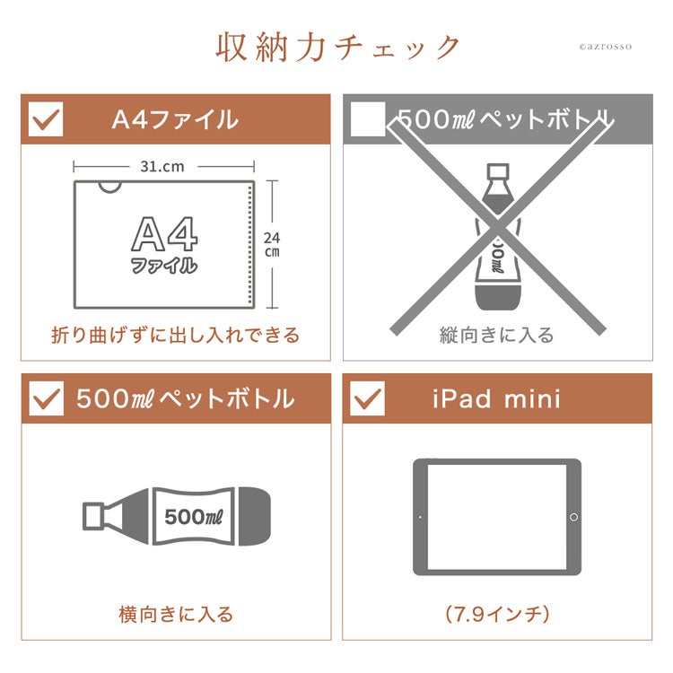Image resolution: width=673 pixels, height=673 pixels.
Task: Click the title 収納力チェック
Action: tap(337, 48)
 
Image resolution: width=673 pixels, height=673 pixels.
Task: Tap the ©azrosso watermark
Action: tap(605, 47)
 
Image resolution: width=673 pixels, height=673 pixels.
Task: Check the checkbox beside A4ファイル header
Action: tap(46, 119)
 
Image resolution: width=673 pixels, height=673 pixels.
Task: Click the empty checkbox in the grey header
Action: tap(368, 119)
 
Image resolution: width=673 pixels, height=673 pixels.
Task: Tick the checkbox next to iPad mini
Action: tap(367, 398)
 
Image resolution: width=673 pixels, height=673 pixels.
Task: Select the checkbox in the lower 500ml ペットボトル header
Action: tap(47, 398)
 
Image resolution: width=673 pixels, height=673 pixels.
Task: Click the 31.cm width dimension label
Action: tap(162, 167)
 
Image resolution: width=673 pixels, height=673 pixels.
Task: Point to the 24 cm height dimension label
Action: tap(272, 244)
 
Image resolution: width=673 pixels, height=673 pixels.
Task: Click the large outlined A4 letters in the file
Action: tap(164, 233)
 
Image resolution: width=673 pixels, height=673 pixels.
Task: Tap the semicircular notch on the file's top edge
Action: tap(110, 188)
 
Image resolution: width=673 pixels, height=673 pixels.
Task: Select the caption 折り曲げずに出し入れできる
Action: tap(176, 335)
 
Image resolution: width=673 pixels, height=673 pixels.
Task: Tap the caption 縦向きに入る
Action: tap(497, 335)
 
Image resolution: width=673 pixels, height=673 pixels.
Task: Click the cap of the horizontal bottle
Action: tap(93, 516)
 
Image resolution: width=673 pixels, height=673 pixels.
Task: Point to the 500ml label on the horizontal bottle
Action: tap(194, 517)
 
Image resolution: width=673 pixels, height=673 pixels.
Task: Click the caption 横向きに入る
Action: tap(176, 614)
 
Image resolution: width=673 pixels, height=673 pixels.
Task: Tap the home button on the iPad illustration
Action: tap(574, 517)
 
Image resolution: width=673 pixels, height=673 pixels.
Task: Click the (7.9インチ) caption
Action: tap(497, 614)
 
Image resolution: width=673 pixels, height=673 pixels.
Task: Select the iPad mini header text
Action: tap(496, 398)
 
